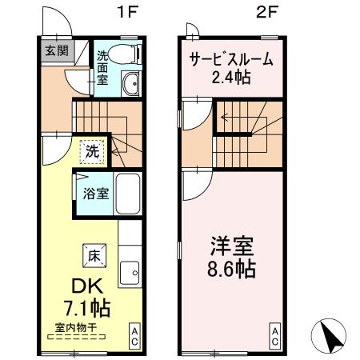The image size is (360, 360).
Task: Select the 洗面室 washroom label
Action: point(104,68)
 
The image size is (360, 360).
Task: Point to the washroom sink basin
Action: point(131,82)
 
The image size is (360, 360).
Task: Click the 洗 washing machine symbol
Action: point(92,149)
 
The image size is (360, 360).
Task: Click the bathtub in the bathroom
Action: point(126,192)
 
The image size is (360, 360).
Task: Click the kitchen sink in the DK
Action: point(130,274)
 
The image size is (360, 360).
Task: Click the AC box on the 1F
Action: point(135,334)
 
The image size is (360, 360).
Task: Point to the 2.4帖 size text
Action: point(230,78)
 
